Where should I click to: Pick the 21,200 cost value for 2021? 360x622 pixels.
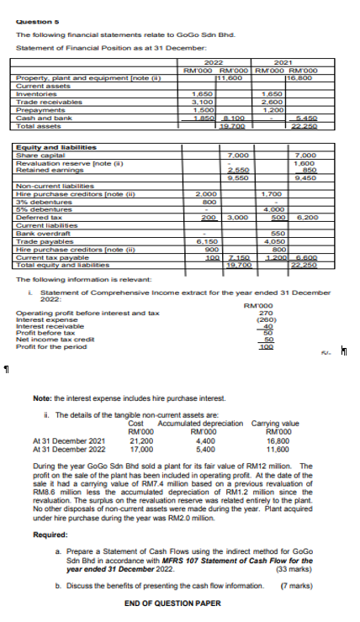(141, 439)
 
